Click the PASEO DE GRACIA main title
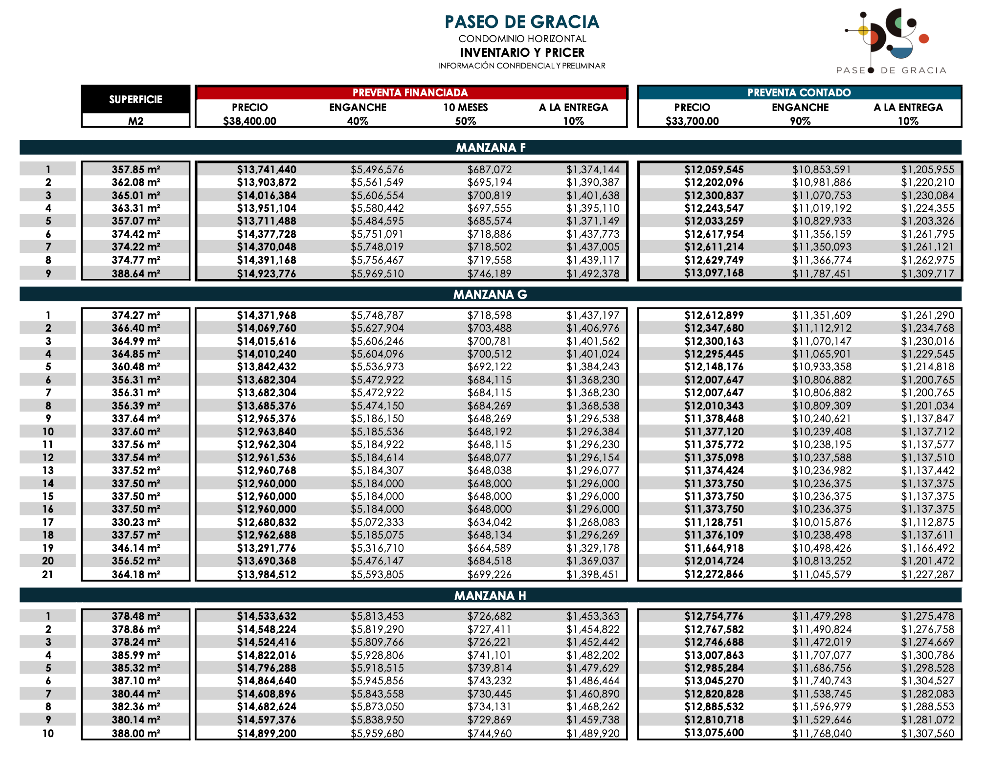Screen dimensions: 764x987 coord(521,22)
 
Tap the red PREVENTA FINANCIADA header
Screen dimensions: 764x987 coord(410,92)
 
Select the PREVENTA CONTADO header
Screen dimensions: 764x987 coord(799,92)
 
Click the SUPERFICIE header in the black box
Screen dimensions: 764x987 coord(135,100)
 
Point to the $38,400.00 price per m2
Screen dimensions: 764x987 coord(249,121)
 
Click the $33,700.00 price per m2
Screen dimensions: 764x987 coord(692,121)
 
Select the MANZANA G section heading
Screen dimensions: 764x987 coord(490,294)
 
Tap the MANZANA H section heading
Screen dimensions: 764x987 coord(490,596)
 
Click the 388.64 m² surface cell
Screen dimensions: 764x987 coord(135,273)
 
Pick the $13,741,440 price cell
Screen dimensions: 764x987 coord(267,170)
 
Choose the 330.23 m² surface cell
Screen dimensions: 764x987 coord(135,522)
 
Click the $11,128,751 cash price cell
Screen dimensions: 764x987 coord(714,522)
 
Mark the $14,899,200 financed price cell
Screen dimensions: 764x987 coord(267,733)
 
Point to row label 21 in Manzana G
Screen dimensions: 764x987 coord(47,574)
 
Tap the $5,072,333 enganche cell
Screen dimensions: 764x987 coord(377,522)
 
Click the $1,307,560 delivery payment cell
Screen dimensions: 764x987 coord(927,733)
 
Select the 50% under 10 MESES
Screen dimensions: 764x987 coord(465,121)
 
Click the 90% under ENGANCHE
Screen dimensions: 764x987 coord(800,121)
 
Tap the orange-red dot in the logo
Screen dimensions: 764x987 coord(923,39)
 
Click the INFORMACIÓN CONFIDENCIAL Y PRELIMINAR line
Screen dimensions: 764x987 coord(521,66)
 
